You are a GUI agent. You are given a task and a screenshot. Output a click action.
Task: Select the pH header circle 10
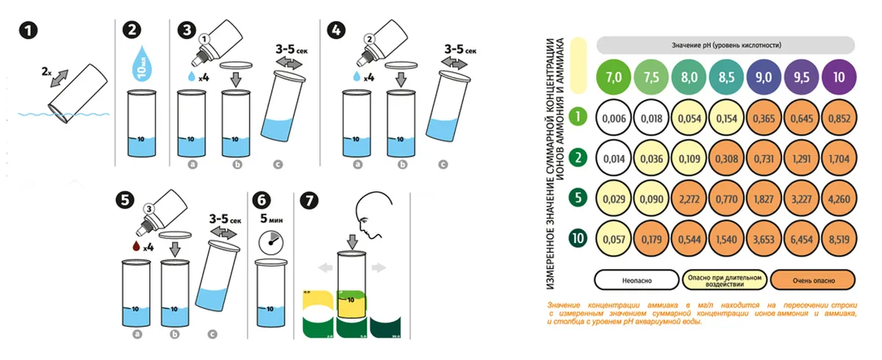(838, 76)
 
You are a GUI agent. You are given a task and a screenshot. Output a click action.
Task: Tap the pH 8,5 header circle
(726, 76)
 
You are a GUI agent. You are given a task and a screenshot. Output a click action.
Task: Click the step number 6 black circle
(261, 200)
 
